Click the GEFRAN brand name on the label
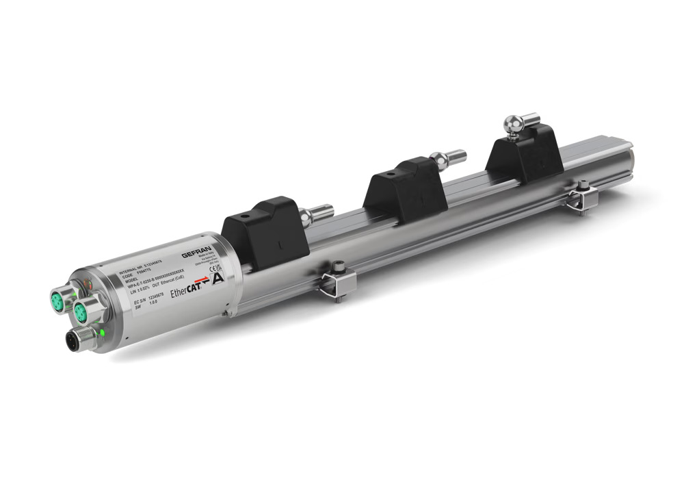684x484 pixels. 195,254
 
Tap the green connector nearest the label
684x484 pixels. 82,313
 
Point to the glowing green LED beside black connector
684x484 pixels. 101,333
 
